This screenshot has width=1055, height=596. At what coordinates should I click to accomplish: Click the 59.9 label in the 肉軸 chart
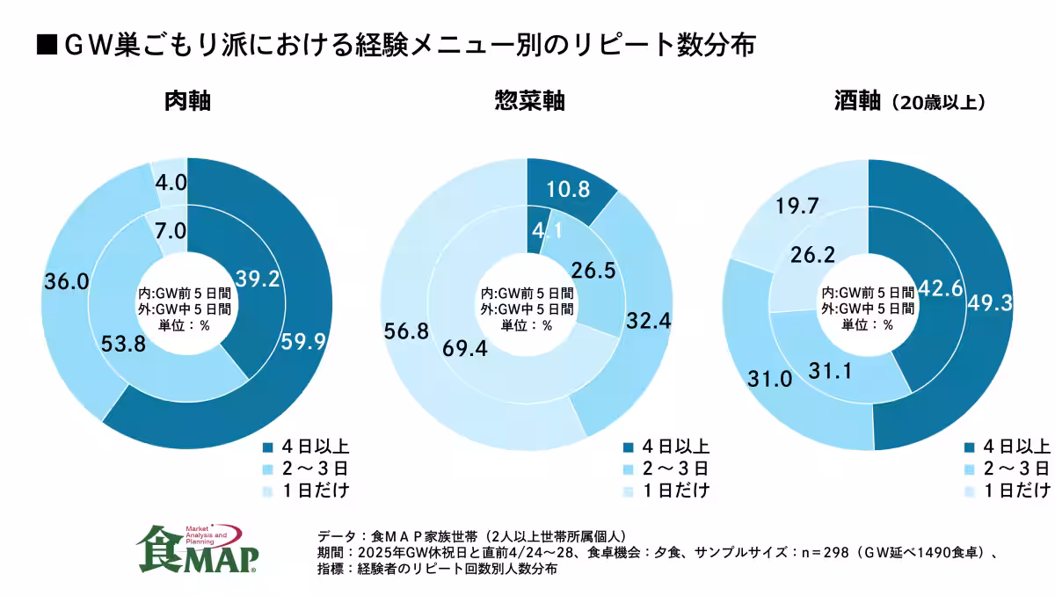click(x=302, y=341)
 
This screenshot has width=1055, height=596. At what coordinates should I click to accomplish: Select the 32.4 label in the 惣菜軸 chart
click(x=650, y=322)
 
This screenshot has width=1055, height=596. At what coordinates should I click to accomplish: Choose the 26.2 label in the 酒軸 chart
click(x=814, y=255)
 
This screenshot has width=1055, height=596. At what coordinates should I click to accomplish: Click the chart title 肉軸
click(x=187, y=102)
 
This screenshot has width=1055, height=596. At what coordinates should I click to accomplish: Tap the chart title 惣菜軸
click(x=528, y=102)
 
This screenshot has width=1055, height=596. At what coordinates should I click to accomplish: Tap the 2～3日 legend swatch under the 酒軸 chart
click(x=970, y=468)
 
